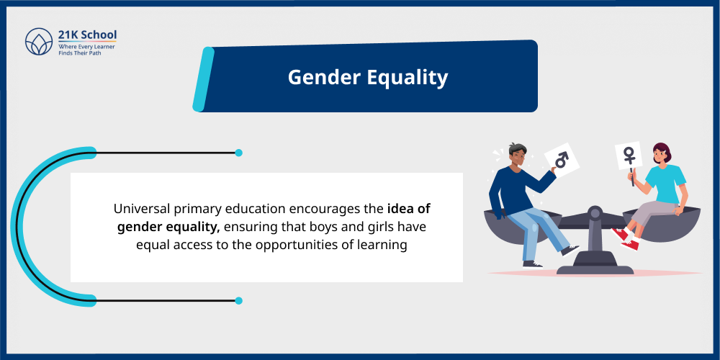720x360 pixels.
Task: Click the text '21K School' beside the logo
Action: pos(87,35)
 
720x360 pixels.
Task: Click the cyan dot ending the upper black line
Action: pos(238,153)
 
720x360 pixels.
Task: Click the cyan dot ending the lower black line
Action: pos(238,300)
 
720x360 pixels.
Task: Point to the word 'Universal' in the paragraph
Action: pos(141,209)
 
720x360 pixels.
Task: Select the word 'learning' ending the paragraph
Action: pos(384,245)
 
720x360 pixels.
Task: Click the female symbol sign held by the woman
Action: pos(629,155)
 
